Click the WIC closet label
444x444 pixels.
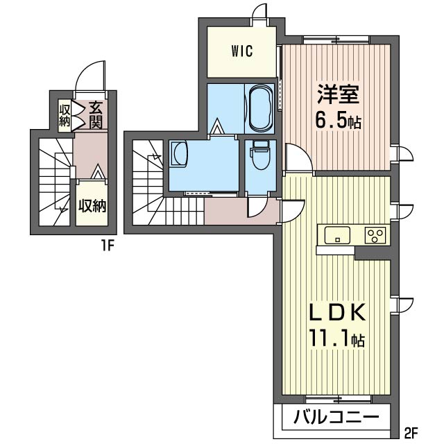pyautogui.click(x=242, y=51)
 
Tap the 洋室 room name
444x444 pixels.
pyautogui.click(x=338, y=94)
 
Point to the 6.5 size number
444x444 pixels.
pyautogui.click(x=331, y=121)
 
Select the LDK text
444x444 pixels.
pyautogui.click(x=337, y=311)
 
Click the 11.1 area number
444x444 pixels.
pyautogui.click(x=330, y=338)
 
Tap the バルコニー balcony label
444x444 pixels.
pyautogui.click(x=336, y=417)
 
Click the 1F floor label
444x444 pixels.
pyautogui.click(x=108, y=247)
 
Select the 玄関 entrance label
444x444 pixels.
pyautogui.click(x=95, y=115)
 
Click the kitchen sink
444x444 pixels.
pyautogui.click(x=337, y=234)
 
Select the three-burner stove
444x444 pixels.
pyautogui.click(x=375, y=235)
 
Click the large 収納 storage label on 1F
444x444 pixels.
pyautogui.click(x=92, y=205)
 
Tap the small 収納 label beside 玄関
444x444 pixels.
pyautogui.click(x=65, y=115)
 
